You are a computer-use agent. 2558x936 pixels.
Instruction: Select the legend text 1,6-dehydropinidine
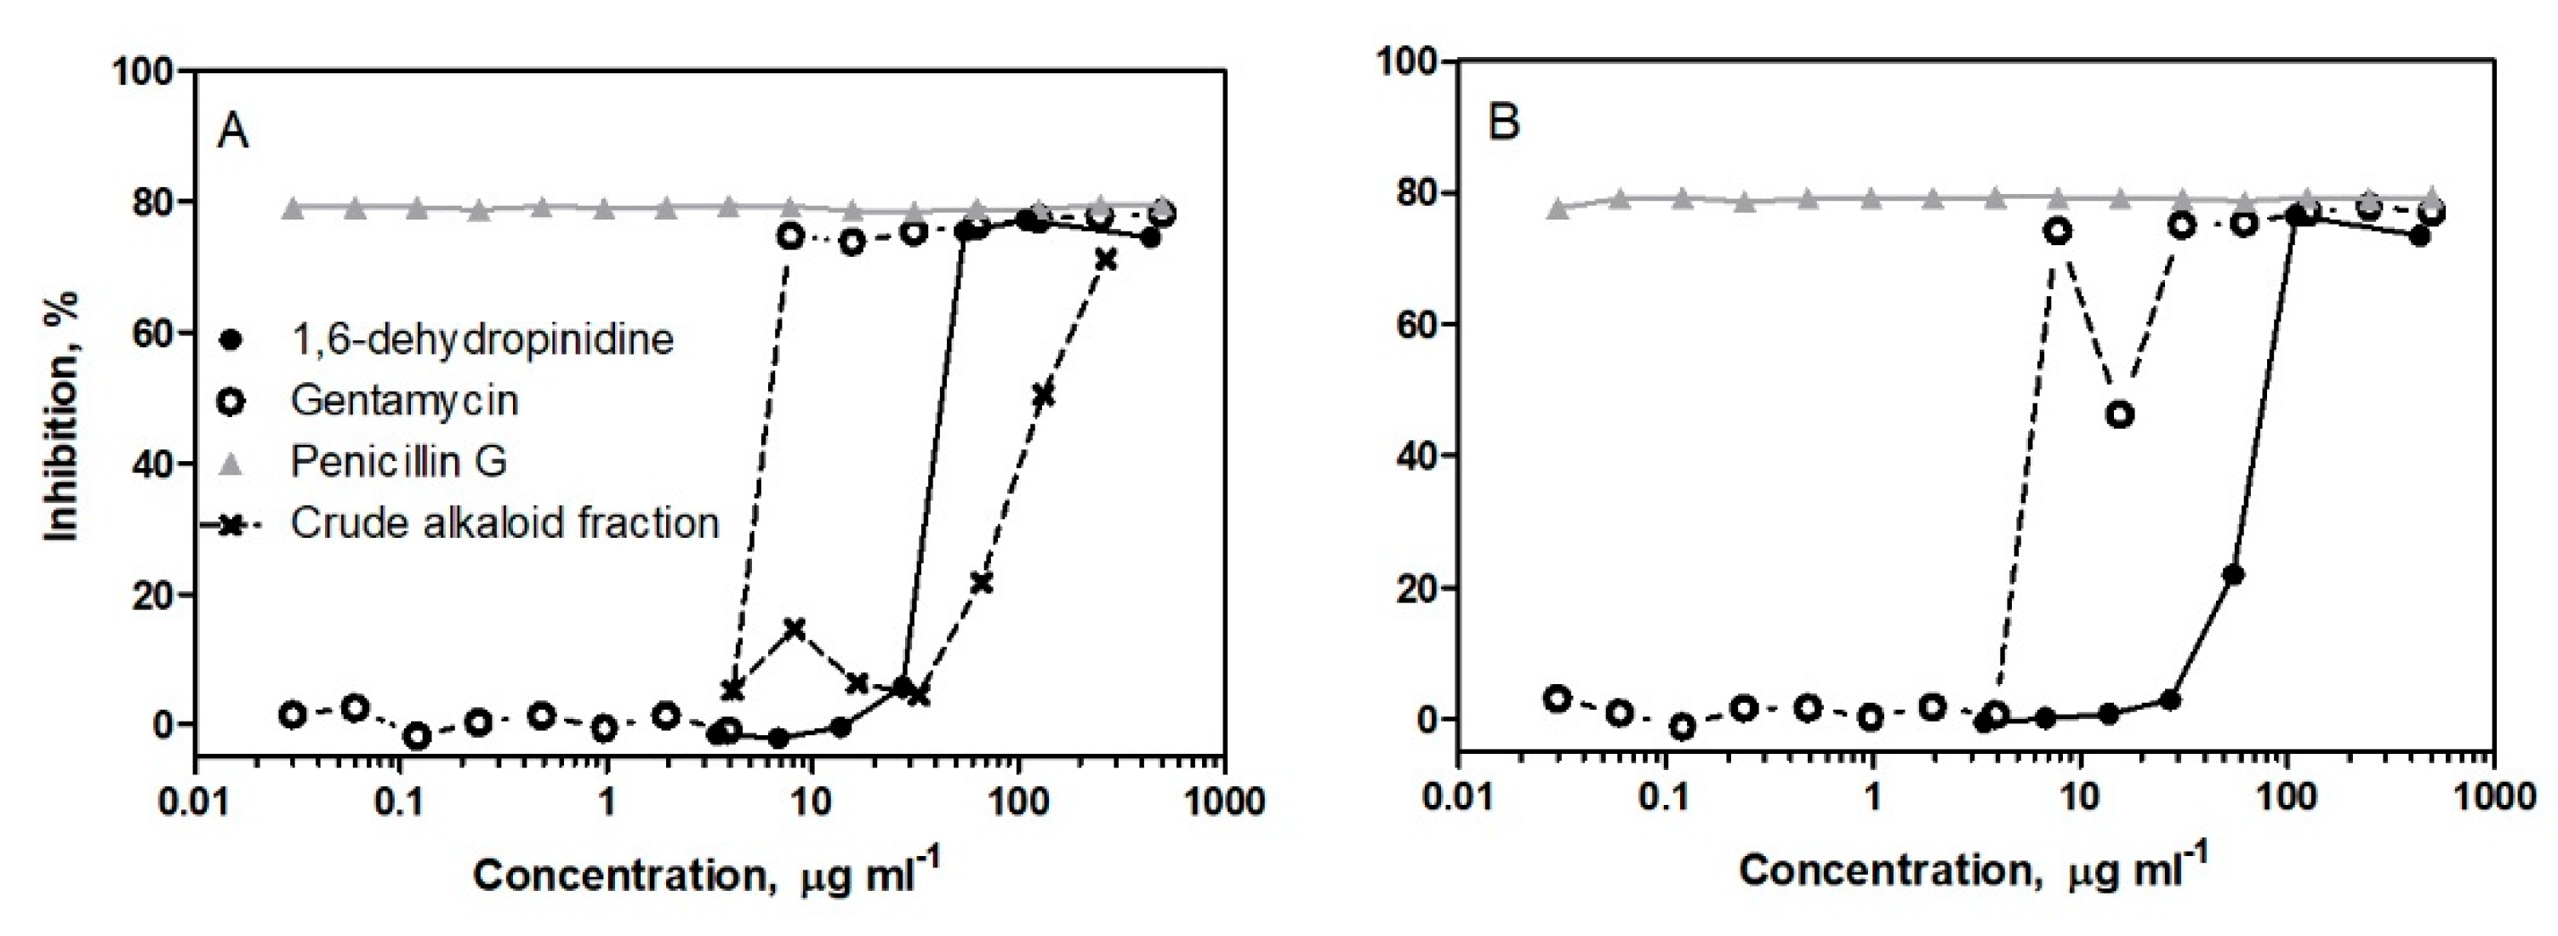[x=481, y=340]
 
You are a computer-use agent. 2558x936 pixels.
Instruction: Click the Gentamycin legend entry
[x=404, y=401]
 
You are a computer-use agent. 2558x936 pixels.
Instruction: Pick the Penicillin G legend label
[x=399, y=461]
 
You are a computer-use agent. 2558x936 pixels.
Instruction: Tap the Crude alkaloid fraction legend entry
[x=504, y=522]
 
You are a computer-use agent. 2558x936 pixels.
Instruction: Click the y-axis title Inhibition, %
[x=61, y=417]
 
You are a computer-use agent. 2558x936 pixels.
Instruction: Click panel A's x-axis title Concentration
[x=705, y=876]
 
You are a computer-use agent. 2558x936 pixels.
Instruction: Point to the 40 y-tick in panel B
[x=1416, y=456]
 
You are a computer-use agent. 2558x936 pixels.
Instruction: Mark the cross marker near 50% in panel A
[x=1043, y=396]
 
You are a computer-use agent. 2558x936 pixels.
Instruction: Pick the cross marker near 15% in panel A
[x=795, y=628]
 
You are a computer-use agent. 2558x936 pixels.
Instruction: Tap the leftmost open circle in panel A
[x=292, y=715]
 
